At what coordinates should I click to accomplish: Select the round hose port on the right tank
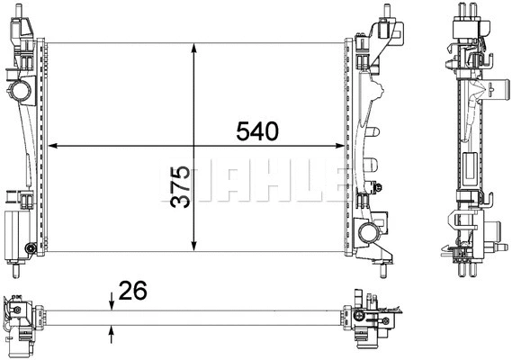369,235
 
